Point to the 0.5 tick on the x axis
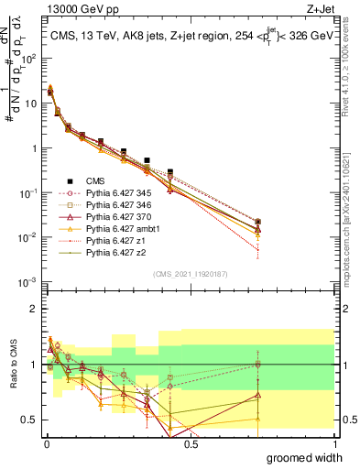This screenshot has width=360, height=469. click(x=191, y=444)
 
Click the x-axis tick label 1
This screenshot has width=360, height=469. click(x=335, y=444)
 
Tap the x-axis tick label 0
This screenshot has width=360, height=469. click(x=46, y=444)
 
